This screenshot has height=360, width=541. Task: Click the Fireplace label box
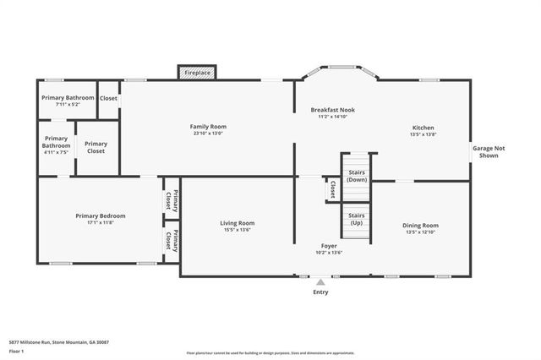[198, 74]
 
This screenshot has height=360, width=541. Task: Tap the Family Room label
[208, 127]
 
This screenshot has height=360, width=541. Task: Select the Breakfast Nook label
[332, 111]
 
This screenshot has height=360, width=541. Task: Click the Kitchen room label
[423, 128]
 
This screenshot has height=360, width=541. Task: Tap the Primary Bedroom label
[100, 216]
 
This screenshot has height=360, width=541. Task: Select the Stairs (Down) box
[357, 176]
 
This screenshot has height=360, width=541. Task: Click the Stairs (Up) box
[357, 218]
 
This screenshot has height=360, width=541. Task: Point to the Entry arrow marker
[320, 281]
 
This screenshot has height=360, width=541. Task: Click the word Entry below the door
[320, 292]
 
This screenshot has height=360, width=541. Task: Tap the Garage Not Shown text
[489, 152]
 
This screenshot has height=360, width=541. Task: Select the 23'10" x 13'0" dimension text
[208, 134]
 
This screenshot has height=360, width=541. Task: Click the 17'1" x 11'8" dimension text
[100, 223]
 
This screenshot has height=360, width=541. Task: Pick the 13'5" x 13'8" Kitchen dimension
[423, 134]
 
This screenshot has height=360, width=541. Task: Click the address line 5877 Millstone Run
[59, 342]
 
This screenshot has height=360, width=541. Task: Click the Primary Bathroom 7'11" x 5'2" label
[68, 101]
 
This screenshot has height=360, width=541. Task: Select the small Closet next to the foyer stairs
[333, 189]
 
